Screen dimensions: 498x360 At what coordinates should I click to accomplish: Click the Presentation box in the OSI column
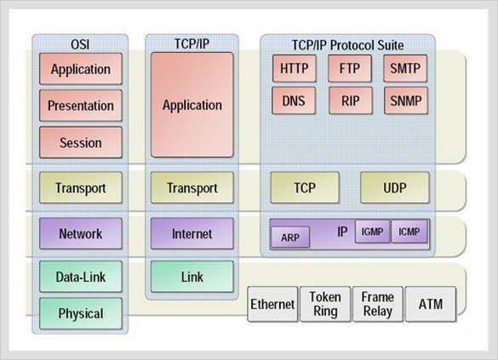(x=81, y=106)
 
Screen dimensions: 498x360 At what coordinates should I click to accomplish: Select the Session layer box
(x=81, y=142)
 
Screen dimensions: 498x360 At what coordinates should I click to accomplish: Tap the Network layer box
(x=81, y=234)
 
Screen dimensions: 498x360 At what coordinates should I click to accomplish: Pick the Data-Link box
(x=81, y=277)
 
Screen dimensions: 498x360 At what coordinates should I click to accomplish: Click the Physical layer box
(x=81, y=313)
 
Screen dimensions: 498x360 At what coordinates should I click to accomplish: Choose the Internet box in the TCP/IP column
(x=192, y=234)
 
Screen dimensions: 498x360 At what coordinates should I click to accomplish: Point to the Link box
(x=192, y=277)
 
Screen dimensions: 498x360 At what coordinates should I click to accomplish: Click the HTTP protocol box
(x=294, y=69)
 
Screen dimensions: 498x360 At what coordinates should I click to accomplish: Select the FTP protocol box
(x=350, y=69)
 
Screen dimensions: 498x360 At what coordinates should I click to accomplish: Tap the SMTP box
(x=405, y=69)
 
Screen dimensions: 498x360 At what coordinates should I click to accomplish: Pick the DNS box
(x=294, y=101)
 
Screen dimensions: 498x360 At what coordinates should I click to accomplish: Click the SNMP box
(x=406, y=101)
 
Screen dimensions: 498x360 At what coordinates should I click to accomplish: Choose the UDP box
(x=395, y=187)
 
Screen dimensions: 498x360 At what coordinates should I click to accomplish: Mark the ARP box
(x=290, y=237)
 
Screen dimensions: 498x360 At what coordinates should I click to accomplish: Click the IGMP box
(x=372, y=231)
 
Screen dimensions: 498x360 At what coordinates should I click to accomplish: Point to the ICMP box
(x=409, y=231)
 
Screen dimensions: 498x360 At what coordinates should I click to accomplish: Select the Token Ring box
(x=325, y=304)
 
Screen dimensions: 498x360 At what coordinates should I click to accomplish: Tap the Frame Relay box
(x=378, y=304)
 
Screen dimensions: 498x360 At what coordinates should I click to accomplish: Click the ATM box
(x=431, y=304)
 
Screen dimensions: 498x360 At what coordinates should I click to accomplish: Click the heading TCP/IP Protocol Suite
(x=348, y=45)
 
